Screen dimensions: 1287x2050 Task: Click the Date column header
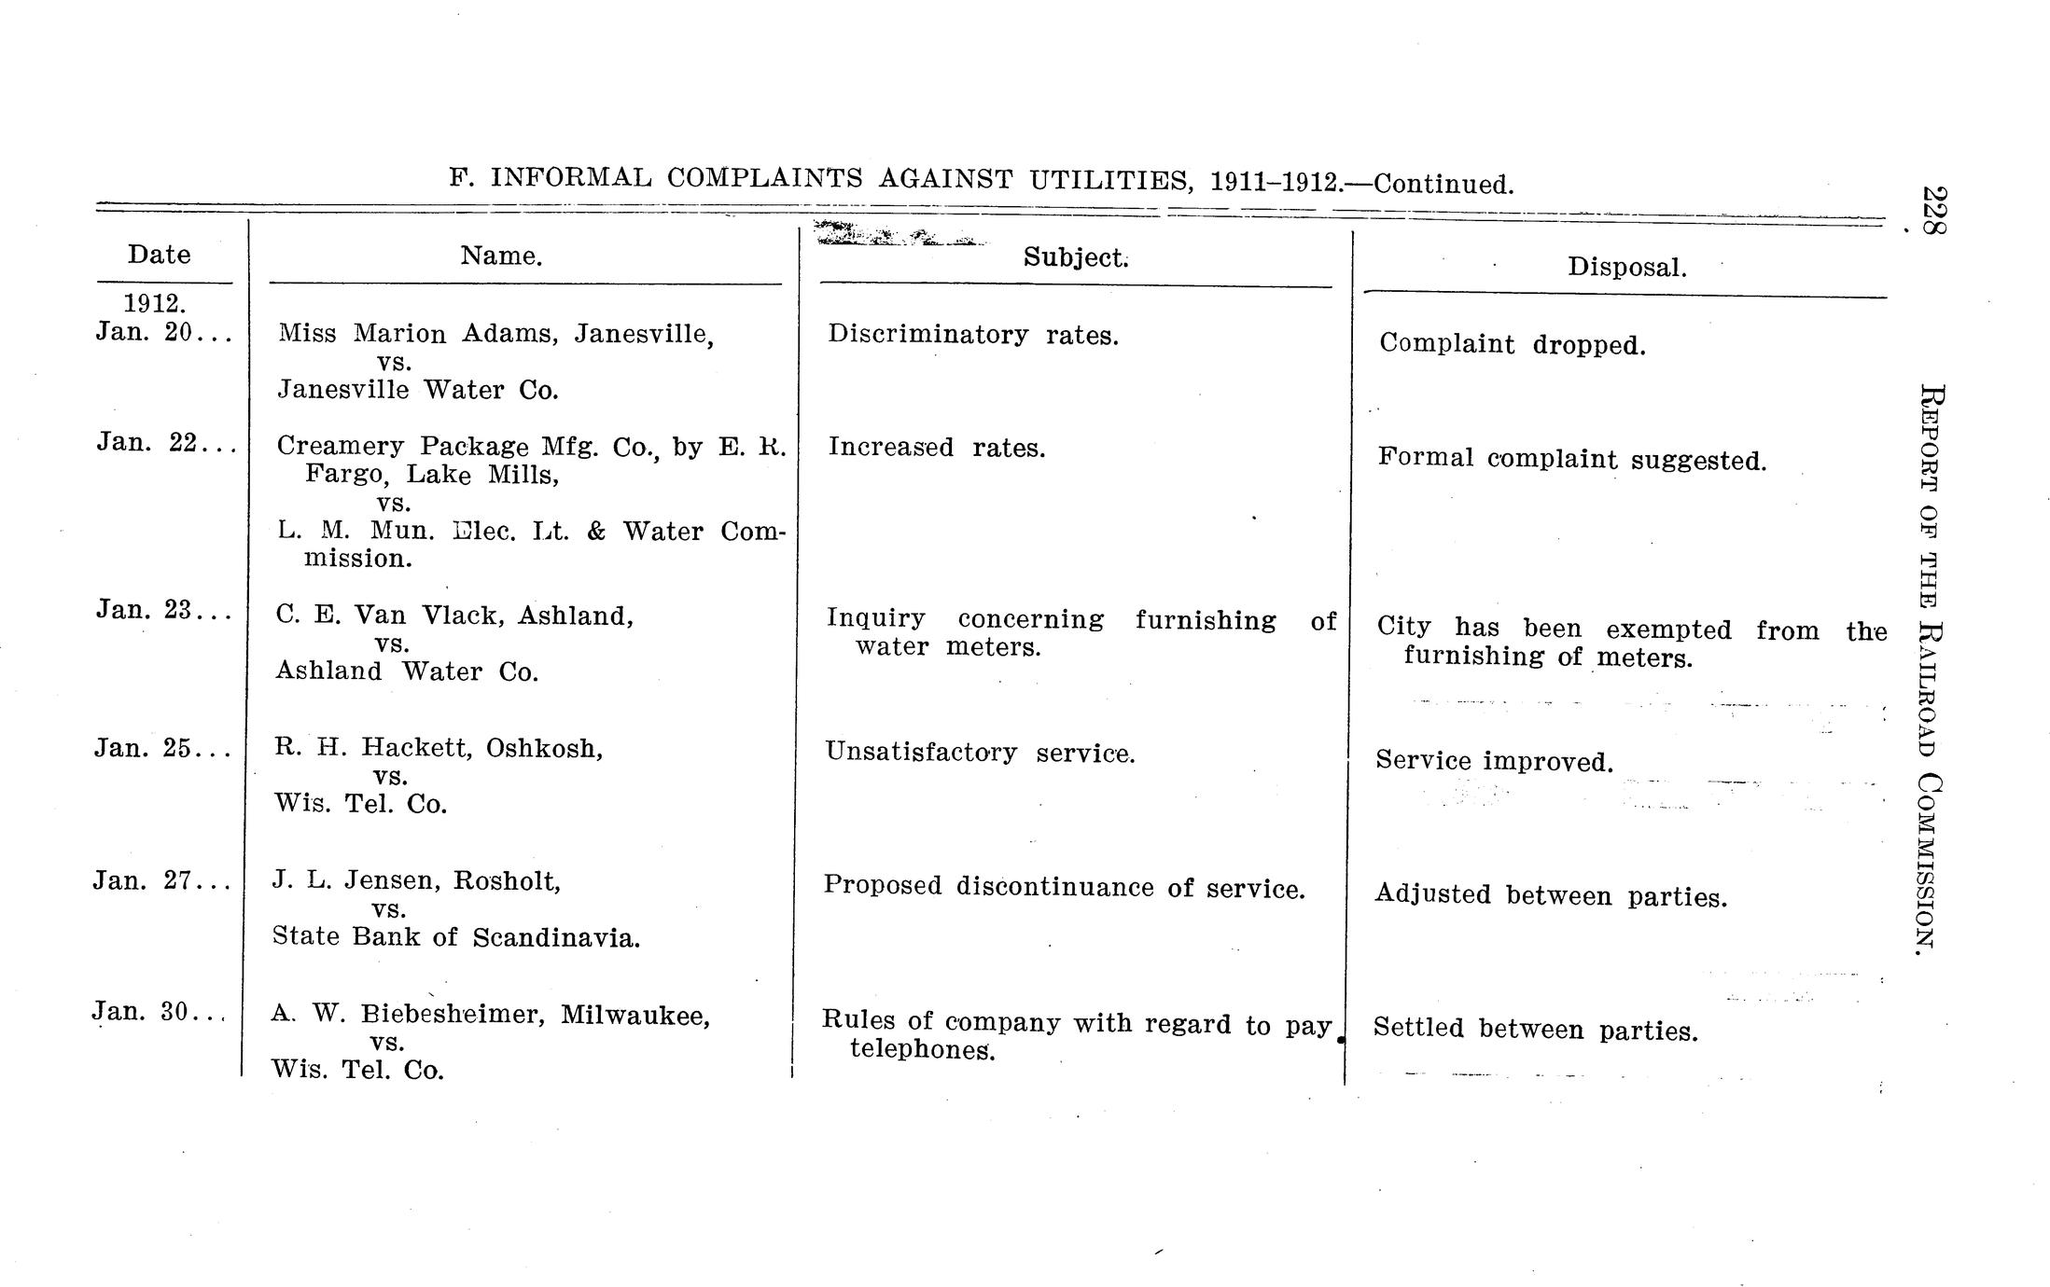tap(159, 255)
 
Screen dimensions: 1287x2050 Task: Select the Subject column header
tap(1075, 257)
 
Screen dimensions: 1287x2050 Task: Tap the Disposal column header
tap(1626, 268)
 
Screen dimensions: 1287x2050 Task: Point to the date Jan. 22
tap(148, 442)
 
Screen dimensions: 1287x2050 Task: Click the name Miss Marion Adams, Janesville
tap(495, 334)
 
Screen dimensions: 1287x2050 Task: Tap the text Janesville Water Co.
tap(418, 390)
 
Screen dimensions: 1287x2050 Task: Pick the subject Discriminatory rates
tap(972, 335)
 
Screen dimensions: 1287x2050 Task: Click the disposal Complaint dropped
tap(1512, 345)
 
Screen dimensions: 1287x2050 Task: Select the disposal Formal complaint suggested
tap(1571, 459)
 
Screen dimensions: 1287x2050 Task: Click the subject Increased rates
tap(936, 448)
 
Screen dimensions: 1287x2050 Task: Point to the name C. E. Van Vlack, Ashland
tap(454, 616)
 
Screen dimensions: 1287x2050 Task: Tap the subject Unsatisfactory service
tap(980, 753)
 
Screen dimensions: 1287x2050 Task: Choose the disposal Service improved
tap(1494, 762)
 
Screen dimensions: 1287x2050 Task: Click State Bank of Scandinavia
tap(456, 937)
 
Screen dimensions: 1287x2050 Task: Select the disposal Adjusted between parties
tap(1550, 896)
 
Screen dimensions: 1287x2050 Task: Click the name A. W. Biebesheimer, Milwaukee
tap(491, 1015)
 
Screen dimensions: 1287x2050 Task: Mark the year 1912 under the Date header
tap(155, 304)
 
